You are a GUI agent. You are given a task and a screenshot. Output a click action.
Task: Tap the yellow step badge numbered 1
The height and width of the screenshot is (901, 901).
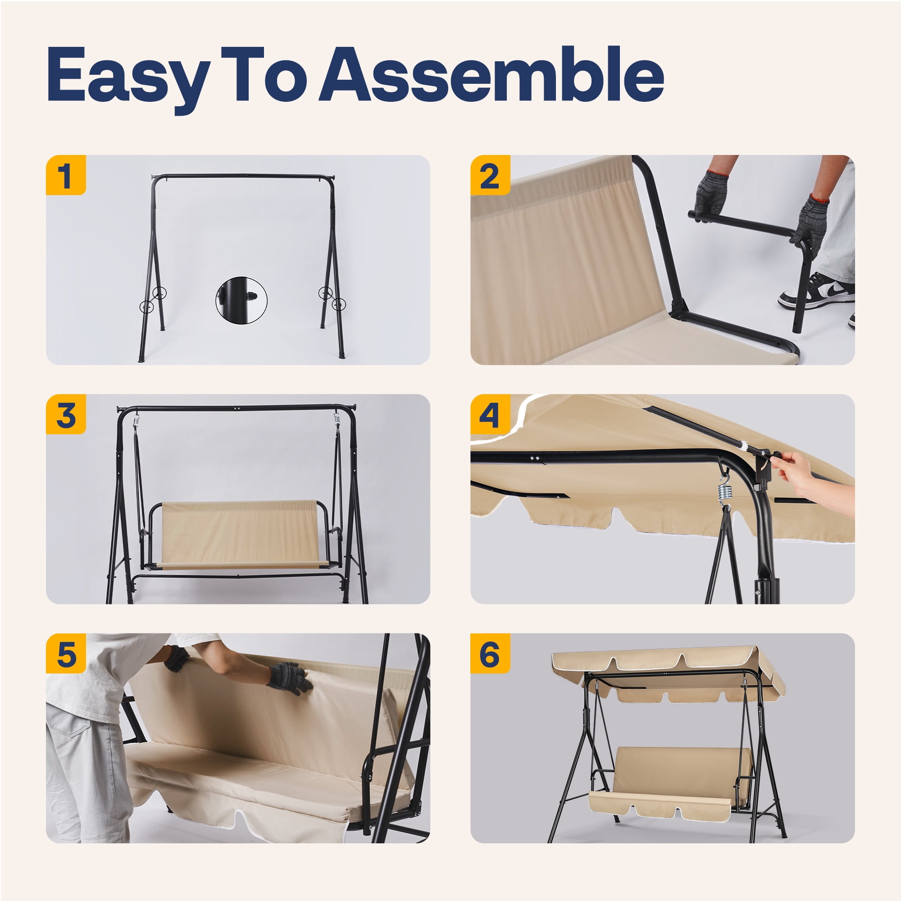click(66, 175)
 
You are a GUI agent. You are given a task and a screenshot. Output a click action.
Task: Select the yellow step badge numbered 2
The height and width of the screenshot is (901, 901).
click(490, 175)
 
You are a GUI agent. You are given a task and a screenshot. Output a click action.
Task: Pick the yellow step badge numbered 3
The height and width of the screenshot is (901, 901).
click(66, 414)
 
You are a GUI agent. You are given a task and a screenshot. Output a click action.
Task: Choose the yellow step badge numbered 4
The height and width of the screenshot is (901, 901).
click(490, 414)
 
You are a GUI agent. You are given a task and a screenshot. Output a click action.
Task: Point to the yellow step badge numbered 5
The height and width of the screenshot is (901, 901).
click(66, 653)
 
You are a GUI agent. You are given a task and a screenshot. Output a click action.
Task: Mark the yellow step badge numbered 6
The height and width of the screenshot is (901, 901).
click(490, 653)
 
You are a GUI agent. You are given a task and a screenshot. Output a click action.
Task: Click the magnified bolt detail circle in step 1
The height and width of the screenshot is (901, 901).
click(241, 300)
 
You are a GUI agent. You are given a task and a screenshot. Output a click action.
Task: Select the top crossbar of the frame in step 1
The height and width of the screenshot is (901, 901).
click(243, 176)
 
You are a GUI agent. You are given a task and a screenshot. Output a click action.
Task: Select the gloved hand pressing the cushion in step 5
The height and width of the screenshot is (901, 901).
click(289, 678)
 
